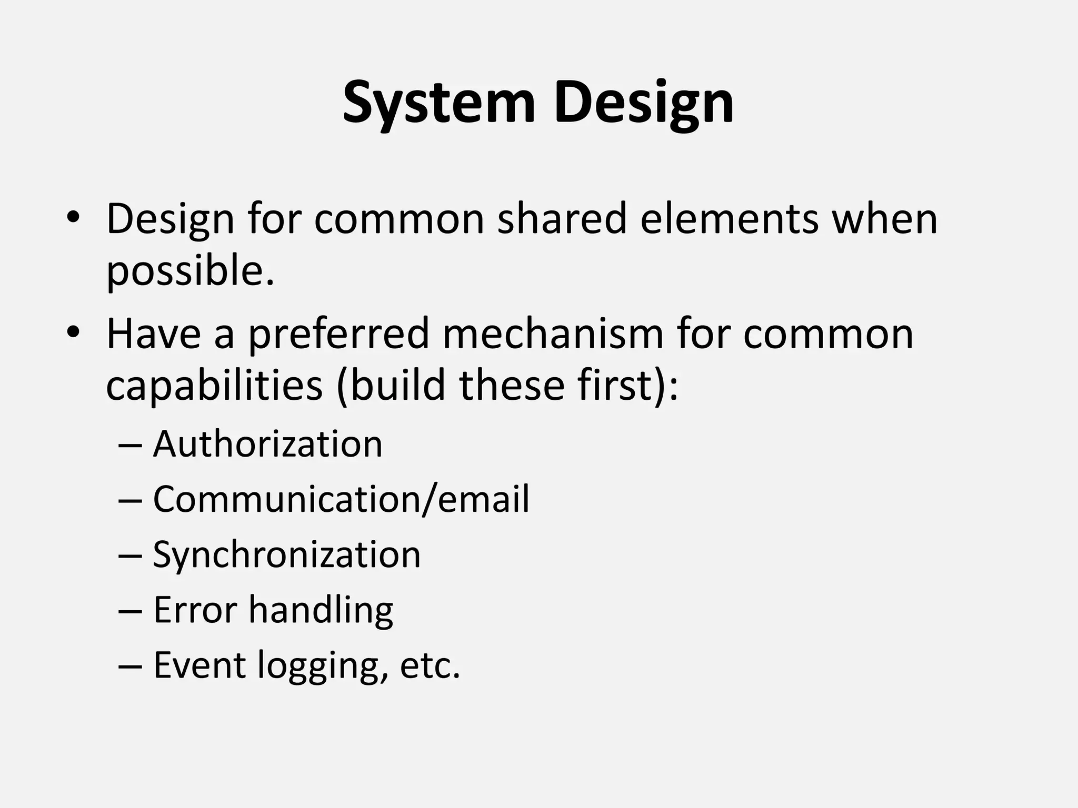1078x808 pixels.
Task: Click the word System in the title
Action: point(438,103)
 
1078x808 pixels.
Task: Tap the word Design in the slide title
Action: point(643,103)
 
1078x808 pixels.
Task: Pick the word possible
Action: point(190,271)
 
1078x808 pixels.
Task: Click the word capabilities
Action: point(214,386)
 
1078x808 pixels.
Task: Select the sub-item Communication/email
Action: point(341,499)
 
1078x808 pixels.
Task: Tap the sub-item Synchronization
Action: point(287,554)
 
